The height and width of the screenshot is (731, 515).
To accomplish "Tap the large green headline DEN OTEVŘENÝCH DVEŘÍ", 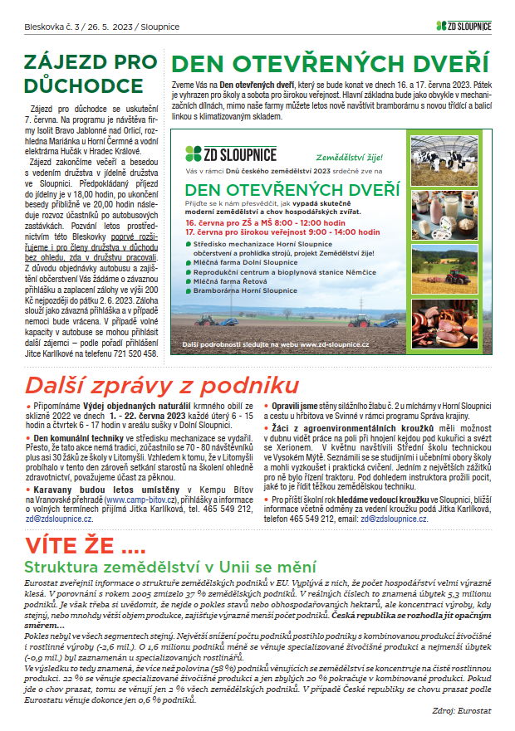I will click(x=330, y=64).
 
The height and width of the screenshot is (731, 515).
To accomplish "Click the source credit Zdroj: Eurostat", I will click(x=463, y=711).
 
